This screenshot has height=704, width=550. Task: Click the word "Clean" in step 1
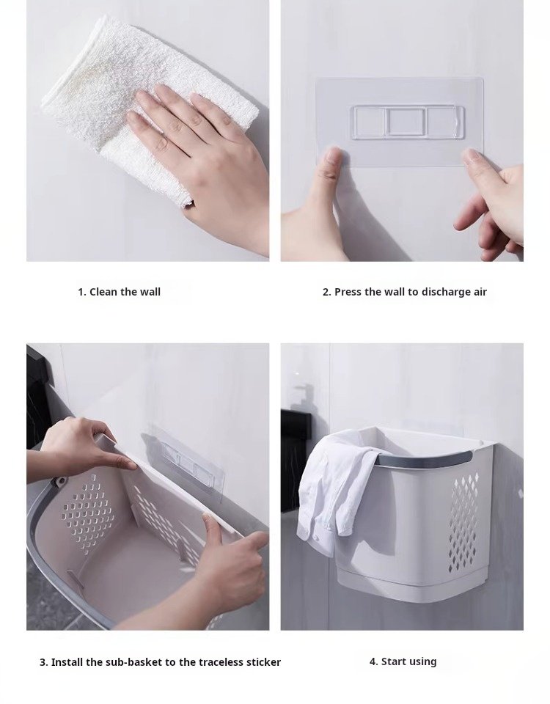click(x=103, y=292)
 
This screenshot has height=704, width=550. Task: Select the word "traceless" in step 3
click(x=221, y=662)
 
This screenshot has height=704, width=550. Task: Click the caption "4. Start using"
click(x=403, y=661)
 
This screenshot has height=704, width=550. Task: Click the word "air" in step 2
click(x=480, y=292)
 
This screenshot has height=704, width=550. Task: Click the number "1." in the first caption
click(x=82, y=292)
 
